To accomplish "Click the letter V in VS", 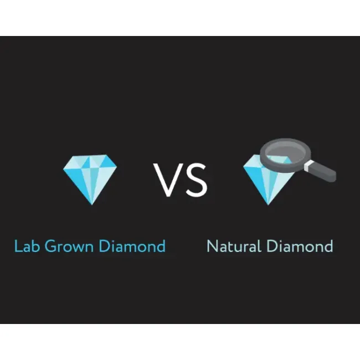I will tap(167, 180).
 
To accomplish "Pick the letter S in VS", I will tap(195, 180).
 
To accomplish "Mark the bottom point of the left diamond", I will tap(90, 204).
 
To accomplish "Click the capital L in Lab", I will tap(17, 246).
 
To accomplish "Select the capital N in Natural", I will tap(212, 246).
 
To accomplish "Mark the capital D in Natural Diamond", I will tap(271, 246).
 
